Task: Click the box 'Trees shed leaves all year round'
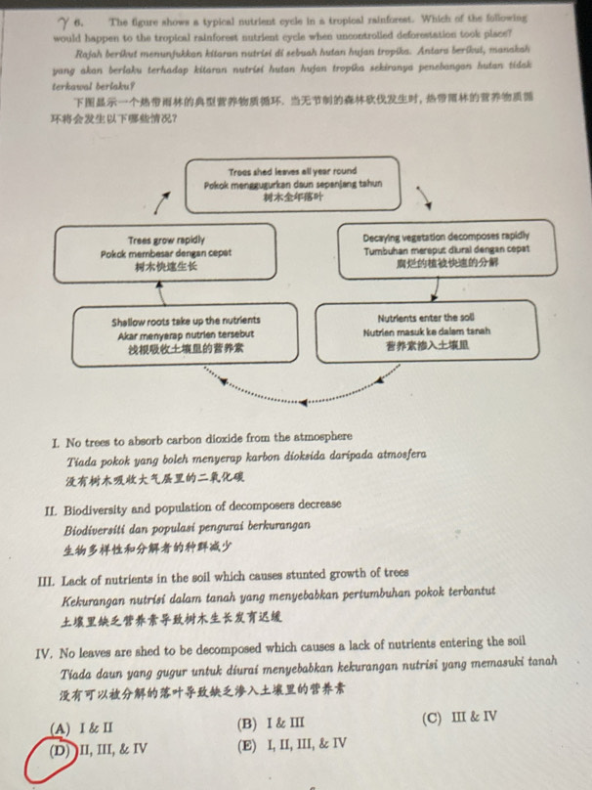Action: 292,183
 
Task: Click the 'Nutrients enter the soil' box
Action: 427,330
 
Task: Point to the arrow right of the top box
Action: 427,198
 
